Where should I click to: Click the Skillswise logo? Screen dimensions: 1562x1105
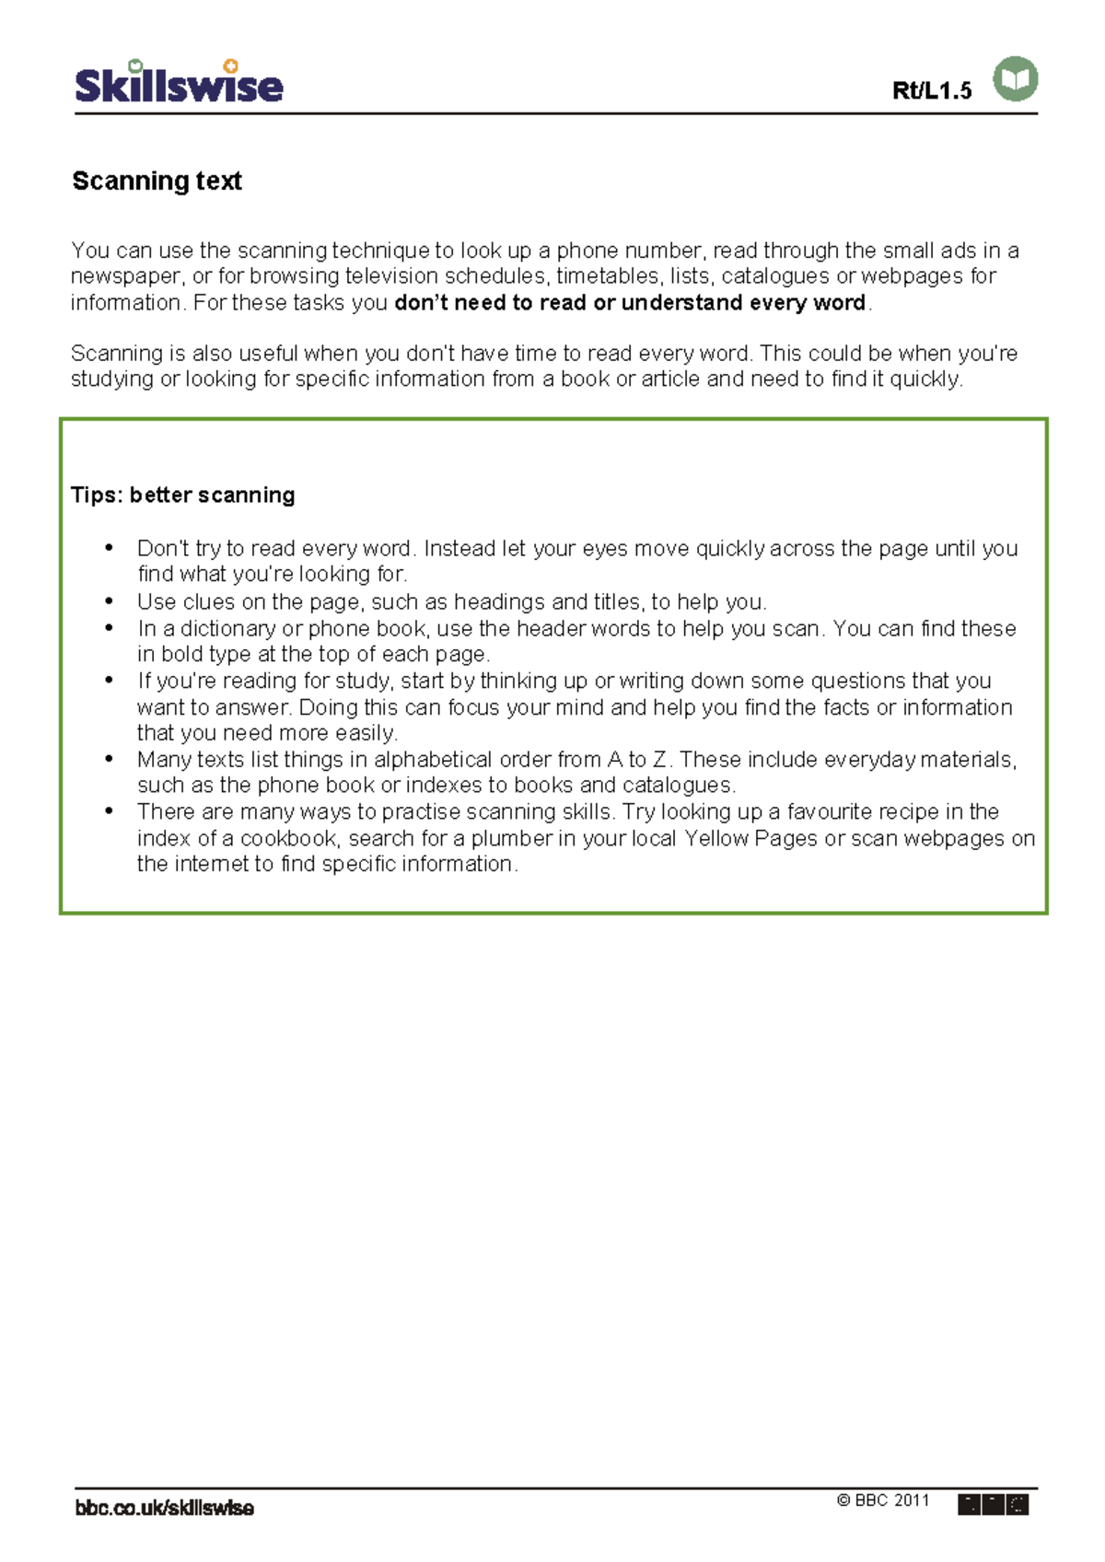(179, 83)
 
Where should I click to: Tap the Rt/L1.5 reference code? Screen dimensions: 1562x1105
(932, 90)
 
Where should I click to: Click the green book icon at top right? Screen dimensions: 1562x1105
(1016, 79)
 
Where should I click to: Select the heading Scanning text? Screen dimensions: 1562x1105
(157, 181)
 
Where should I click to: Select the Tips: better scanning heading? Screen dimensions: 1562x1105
(183, 495)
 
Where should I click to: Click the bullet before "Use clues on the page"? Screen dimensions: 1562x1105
(110, 601)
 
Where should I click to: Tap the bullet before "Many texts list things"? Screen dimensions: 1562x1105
(110, 760)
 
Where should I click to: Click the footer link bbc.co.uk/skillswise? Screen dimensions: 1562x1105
(164, 1509)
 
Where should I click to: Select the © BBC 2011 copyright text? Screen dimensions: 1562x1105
(883, 1500)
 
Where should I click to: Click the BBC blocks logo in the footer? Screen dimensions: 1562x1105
(993, 1505)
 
